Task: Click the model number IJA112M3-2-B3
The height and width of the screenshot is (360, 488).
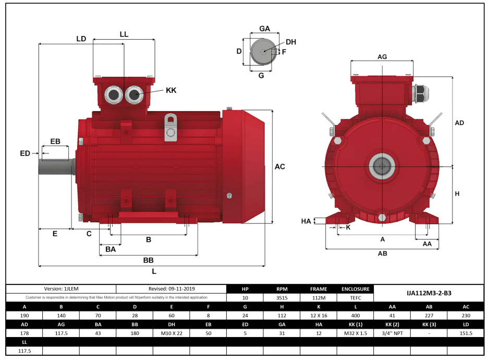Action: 429,293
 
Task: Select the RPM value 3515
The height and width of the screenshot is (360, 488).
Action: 282,298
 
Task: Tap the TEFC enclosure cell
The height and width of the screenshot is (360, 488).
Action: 356,298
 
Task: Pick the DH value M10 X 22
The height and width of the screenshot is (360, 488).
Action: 172,333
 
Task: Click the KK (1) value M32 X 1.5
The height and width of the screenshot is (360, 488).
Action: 356,333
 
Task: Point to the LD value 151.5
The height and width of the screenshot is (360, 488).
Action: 466,333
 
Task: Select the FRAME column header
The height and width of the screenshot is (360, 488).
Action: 319,289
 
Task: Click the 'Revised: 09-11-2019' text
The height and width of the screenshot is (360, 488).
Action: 172,289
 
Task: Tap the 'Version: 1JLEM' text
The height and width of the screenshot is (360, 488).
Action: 61,289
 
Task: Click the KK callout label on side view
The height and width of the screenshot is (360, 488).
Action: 171,90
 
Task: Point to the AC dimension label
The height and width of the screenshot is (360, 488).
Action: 280,167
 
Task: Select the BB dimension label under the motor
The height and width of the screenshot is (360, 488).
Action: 149,260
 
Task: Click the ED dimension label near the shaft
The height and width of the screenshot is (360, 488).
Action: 25,153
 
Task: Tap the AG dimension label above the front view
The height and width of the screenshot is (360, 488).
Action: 382,56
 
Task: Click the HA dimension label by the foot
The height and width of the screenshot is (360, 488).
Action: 307,221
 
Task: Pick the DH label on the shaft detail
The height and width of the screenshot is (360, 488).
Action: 291,42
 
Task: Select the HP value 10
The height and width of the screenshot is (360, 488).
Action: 245,298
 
